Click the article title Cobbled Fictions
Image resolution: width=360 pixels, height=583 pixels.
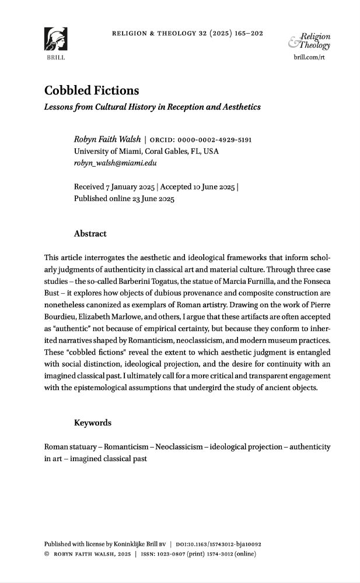click(92, 92)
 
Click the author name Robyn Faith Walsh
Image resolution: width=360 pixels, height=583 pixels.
click(107, 140)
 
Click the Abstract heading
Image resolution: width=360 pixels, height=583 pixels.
click(90, 234)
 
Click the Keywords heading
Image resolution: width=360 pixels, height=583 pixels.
click(93, 423)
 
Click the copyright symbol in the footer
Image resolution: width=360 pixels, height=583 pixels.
click(47, 554)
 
